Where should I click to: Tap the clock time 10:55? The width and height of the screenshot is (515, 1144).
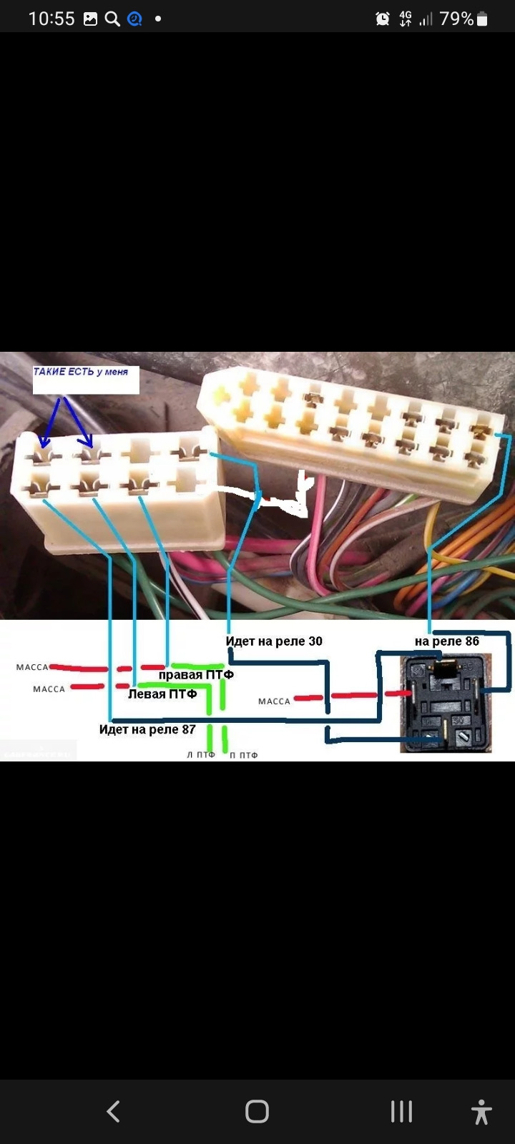coord(51,19)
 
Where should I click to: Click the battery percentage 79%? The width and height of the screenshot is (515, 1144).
coord(456,19)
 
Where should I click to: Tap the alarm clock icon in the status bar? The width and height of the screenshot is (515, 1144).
coord(383,19)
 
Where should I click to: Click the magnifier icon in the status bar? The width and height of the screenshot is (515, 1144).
coord(112,19)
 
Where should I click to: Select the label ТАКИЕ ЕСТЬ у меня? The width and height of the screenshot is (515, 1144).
coord(81,372)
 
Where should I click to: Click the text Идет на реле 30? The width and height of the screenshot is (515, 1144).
coord(274,641)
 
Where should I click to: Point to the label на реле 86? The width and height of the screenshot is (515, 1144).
coord(446,641)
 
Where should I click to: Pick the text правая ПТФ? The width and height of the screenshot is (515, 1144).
coord(196,674)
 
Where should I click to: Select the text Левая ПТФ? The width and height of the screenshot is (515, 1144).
coord(162,694)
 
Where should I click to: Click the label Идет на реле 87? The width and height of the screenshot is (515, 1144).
coord(147,729)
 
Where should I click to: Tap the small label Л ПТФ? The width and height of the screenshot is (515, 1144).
coord(201,755)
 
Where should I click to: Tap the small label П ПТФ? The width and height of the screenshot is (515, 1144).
coord(243,755)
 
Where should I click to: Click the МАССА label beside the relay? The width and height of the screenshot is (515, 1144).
coord(274,701)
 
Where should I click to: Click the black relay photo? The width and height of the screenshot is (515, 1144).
coord(446,704)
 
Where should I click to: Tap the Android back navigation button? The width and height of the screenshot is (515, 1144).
coord(113,1111)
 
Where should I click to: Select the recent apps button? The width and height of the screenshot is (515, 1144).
coord(401,1111)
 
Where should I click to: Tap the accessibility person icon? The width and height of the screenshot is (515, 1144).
coord(481,1112)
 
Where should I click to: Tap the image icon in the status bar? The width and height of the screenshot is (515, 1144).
coord(91,19)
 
